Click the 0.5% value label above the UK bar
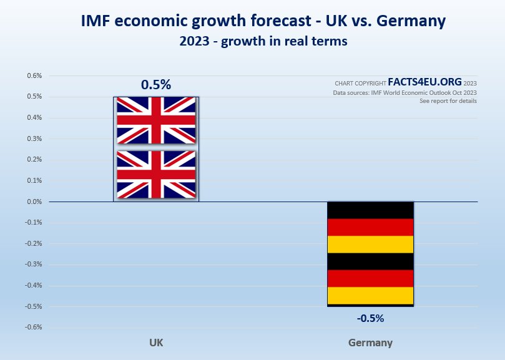[155, 85]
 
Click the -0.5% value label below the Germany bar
[370, 318]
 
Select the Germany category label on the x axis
[370, 343]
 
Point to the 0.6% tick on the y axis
[34, 76]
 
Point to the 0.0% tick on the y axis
[34, 202]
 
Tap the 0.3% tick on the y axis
[34, 139]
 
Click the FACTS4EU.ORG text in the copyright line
[424, 82]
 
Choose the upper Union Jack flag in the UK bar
[156, 120]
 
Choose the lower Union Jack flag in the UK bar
[156, 174]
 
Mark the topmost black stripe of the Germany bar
[370, 210]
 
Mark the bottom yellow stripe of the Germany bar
[370, 295]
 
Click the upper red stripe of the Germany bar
[370, 227]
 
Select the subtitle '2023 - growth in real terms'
[263, 42]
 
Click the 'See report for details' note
[448, 100]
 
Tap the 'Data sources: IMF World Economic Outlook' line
[404, 92]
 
